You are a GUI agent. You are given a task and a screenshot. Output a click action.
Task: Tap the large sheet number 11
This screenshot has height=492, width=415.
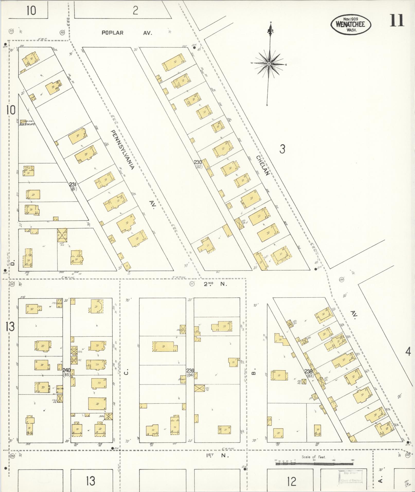397,21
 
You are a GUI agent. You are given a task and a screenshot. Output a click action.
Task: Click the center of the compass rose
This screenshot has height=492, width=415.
269,64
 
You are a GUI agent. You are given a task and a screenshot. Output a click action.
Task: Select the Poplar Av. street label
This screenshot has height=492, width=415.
127,33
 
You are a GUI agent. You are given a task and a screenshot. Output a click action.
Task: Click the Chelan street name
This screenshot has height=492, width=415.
262,165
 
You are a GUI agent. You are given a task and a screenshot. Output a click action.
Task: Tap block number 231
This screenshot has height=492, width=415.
73,184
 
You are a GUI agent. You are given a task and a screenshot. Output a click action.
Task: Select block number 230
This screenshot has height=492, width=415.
198,162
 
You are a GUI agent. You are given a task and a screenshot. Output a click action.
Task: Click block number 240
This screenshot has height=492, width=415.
66,370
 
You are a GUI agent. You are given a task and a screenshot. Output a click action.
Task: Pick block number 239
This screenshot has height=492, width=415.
190,371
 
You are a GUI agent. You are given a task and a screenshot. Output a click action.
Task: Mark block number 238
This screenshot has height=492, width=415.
308,371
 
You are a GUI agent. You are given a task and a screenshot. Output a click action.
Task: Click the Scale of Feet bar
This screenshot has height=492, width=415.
314,463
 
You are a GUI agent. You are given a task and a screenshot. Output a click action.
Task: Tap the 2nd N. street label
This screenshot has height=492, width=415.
215,284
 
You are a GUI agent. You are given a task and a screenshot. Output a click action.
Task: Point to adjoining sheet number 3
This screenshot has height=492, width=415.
282,149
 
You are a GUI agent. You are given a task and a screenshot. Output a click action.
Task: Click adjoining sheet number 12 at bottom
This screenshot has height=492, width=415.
292,481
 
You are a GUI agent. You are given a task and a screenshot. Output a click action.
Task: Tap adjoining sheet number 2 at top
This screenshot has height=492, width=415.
135,11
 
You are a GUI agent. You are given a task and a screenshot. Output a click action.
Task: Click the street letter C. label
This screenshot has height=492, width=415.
126,372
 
